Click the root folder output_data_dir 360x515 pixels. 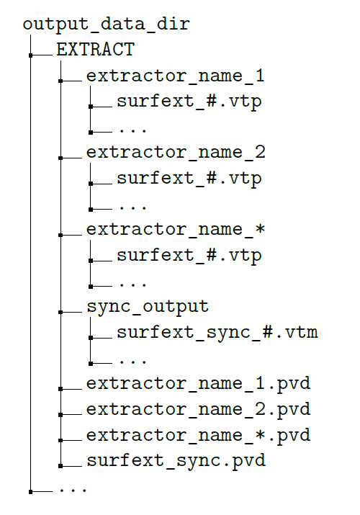(107, 24)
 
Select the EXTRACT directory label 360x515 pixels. (96, 50)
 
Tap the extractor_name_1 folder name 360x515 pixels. (175, 76)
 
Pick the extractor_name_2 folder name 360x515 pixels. (176, 153)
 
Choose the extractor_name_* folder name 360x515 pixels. (175, 230)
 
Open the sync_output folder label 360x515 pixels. (148, 307)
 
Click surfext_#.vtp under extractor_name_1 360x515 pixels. (189, 102)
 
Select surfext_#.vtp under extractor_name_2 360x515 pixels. (189, 179)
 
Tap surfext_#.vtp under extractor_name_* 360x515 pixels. (189, 256)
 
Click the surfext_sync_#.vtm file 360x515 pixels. (217, 332)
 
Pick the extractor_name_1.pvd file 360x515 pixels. (198, 384)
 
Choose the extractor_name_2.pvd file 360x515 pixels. (198, 410)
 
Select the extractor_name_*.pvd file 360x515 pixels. (198, 435)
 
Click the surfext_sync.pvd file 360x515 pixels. (176, 461)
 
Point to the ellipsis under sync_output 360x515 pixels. (133, 362)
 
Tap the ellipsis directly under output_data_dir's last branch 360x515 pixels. (73, 490)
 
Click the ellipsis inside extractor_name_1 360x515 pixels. (133, 131)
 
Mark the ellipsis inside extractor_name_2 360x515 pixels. (133, 208)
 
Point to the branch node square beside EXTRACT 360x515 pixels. (30, 55)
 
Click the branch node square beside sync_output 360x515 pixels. (60, 312)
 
